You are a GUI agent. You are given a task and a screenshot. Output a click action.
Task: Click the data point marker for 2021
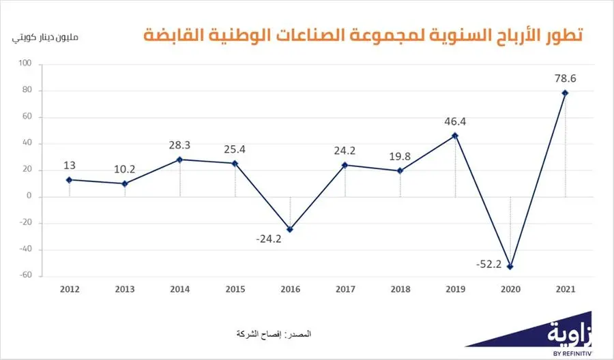[x=565, y=93]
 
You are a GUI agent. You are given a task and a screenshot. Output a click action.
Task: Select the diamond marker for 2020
[x=510, y=267]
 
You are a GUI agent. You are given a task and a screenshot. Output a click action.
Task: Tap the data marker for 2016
[x=290, y=229]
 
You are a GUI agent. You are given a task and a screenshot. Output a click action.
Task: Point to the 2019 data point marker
[x=455, y=136]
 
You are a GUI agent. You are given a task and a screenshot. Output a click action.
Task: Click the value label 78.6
[x=565, y=78]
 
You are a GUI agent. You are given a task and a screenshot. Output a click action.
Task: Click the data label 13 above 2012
[x=70, y=165]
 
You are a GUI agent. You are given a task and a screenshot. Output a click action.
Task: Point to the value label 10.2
[x=125, y=168]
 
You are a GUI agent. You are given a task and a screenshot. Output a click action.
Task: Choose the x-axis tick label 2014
[x=180, y=289]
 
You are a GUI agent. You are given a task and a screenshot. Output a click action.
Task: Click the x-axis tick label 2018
[x=400, y=289]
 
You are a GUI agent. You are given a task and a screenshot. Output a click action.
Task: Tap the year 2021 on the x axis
[x=565, y=289]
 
